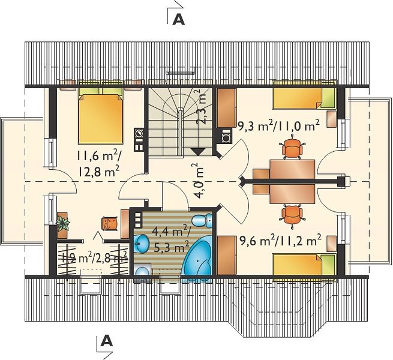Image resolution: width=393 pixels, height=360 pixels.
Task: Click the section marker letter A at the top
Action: (x=179, y=19)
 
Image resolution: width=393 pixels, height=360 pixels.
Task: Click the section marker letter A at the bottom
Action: (x=107, y=341)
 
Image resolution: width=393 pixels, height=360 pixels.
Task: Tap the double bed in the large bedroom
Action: (x=101, y=116)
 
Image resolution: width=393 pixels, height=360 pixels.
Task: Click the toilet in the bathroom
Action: (x=202, y=220)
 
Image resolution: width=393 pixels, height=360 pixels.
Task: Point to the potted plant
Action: (x=62, y=223)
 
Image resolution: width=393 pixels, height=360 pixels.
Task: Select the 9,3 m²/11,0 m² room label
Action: (x=278, y=125)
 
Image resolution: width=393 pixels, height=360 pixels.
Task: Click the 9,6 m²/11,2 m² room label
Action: (x=280, y=241)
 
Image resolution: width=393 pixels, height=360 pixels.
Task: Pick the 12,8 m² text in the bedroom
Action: (x=98, y=172)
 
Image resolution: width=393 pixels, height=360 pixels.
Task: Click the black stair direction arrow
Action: (x=198, y=152)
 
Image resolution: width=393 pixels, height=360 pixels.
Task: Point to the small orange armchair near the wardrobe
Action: (x=110, y=223)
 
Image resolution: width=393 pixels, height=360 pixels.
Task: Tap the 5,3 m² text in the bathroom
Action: (x=172, y=248)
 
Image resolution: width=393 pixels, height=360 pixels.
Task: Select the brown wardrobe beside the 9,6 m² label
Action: (x=227, y=255)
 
